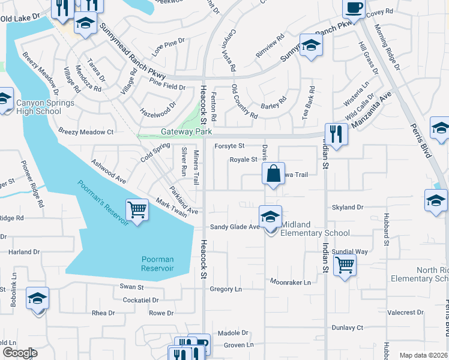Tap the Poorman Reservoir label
tap(157, 264)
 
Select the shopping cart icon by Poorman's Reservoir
tap(137, 209)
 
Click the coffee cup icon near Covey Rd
tap(354, 7)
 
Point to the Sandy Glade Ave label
tap(235, 227)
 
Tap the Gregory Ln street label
tap(226, 289)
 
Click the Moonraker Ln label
tap(291, 281)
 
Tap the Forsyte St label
tap(229, 146)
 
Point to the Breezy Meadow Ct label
tap(86, 131)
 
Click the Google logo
tap(20, 353)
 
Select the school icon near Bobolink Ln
tap(37, 298)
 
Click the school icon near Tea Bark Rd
tap(311, 46)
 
